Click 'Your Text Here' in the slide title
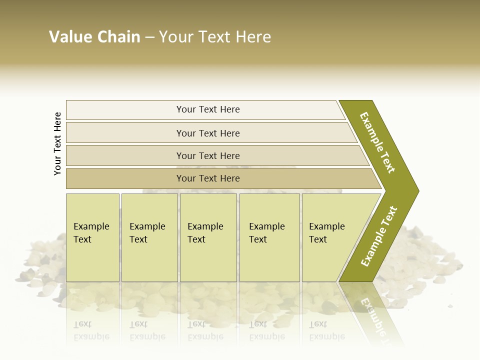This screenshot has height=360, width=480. (x=215, y=37)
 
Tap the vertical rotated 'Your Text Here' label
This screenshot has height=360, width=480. (x=57, y=143)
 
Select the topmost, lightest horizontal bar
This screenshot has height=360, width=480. (x=208, y=109)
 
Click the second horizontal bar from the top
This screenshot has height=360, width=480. (x=208, y=133)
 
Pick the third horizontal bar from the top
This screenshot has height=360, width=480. (x=208, y=155)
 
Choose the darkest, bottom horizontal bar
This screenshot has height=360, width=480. (x=208, y=178)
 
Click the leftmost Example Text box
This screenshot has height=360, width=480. (x=92, y=237)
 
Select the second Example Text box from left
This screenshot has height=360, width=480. (x=149, y=237)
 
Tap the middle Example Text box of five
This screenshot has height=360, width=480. (x=208, y=237)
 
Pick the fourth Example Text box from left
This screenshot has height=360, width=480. (x=269, y=237)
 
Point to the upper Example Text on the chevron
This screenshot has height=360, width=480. (x=378, y=142)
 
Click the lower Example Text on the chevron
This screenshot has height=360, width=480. (x=379, y=236)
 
